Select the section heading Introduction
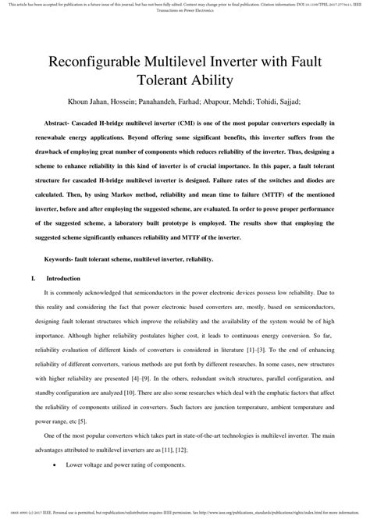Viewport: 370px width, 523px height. pyautogui.click(x=63, y=277)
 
